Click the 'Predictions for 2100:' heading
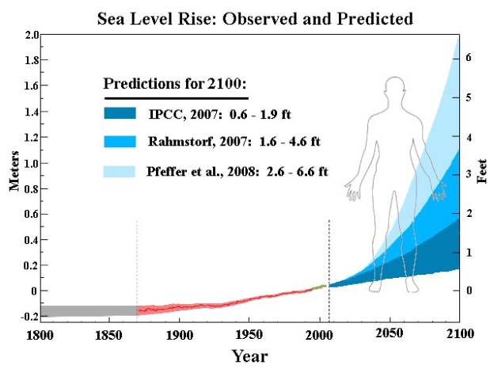tap(176, 85)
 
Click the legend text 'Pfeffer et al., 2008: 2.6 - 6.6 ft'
tap(238, 170)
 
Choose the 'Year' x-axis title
tap(249, 356)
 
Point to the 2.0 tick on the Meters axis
tap(31, 36)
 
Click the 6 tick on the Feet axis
tap(468, 59)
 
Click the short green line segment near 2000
tap(318, 286)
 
